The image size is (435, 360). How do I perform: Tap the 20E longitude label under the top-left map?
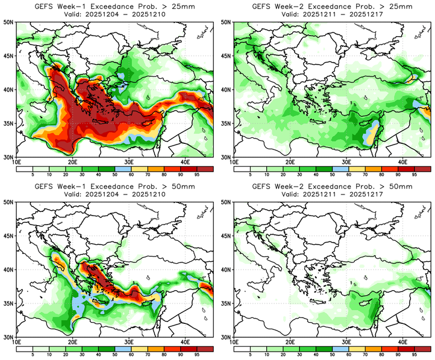pos(73,162)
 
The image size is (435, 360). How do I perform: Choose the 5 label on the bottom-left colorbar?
pos(31,355)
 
